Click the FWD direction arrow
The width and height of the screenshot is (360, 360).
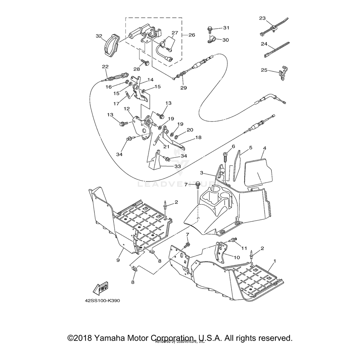tap(101, 289)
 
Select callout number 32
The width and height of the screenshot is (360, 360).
tap(99, 36)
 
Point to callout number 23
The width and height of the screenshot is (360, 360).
tap(262, 18)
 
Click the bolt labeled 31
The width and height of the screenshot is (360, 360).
tap(210, 30)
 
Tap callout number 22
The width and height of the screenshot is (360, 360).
tap(105, 67)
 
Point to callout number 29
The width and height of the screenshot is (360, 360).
tap(183, 88)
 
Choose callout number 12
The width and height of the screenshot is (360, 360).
tap(126, 109)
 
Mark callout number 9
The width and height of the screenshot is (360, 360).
tap(118, 260)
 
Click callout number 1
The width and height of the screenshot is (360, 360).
tap(275, 260)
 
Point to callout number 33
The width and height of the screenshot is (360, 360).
tap(178, 166)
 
